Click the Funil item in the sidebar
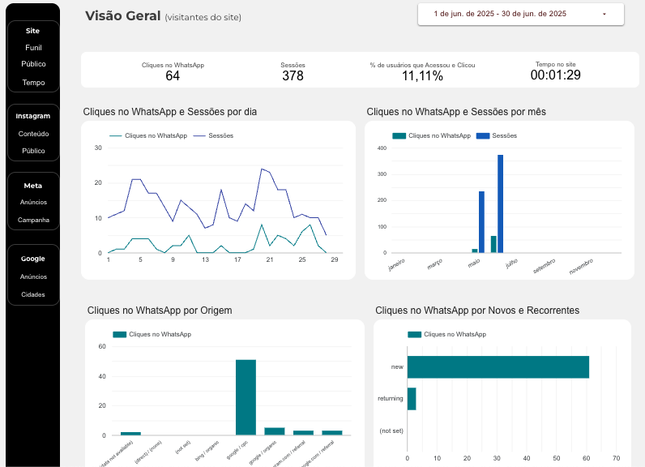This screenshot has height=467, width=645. pyautogui.click(x=33, y=48)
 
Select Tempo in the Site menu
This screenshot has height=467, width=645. pyautogui.click(x=33, y=83)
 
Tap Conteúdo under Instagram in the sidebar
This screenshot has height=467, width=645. pyautogui.click(x=33, y=134)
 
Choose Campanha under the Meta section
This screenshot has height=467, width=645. pyautogui.click(x=33, y=220)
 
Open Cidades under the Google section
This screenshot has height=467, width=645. pyautogui.click(x=33, y=294)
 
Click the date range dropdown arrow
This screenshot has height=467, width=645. pyautogui.click(x=604, y=15)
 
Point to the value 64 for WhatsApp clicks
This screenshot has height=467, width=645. pyautogui.click(x=173, y=76)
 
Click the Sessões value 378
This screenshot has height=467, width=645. pyautogui.click(x=293, y=76)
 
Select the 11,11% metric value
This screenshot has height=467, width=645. pyautogui.click(x=422, y=76)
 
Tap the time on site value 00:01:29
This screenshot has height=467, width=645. pyautogui.click(x=555, y=75)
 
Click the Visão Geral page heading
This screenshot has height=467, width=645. pyautogui.click(x=122, y=15)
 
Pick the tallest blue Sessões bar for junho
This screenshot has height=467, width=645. pyautogui.click(x=500, y=204)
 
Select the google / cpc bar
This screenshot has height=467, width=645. pyautogui.click(x=246, y=397)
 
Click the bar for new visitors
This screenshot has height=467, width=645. pyautogui.click(x=498, y=366)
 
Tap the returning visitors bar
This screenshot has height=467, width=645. pyautogui.click(x=412, y=398)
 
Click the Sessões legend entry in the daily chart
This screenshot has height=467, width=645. pyautogui.click(x=220, y=135)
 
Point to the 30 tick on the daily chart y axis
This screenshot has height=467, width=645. pyautogui.click(x=98, y=148)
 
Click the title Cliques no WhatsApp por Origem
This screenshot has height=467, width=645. pyautogui.click(x=160, y=310)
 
